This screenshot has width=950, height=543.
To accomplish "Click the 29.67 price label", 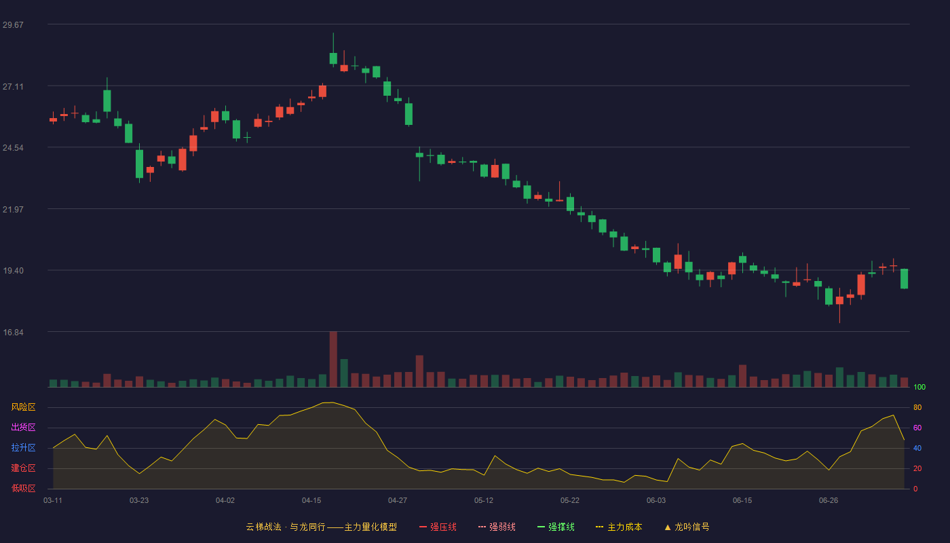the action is click(13, 25).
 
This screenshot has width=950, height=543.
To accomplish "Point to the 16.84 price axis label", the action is click(13, 333).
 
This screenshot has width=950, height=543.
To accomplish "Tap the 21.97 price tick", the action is click(13, 210).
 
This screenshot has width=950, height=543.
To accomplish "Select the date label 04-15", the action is click(311, 501).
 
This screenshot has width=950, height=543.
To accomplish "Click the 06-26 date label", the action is click(829, 501).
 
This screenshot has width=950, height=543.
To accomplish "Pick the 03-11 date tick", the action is click(53, 501).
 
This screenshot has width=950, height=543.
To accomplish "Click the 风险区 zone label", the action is click(23, 407).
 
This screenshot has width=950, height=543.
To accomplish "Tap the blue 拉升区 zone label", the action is click(23, 448).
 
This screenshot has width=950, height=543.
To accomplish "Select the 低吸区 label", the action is click(23, 489).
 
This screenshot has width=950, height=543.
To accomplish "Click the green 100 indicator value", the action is click(919, 388).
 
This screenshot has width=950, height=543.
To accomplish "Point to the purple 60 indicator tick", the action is click(917, 428).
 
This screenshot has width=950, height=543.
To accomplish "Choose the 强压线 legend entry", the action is click(438, 527).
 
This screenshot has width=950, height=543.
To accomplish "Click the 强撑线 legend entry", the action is click(556, 527).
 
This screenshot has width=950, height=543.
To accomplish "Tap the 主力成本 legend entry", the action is click(619, 527).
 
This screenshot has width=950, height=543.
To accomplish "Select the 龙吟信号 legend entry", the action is click(687, 527).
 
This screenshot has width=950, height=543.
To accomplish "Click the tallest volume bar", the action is click(333, 359).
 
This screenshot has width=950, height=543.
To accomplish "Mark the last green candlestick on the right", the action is click(904, 279).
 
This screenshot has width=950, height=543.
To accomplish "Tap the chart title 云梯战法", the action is click(264, 527).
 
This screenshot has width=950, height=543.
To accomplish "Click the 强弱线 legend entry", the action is click(497, 527).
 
